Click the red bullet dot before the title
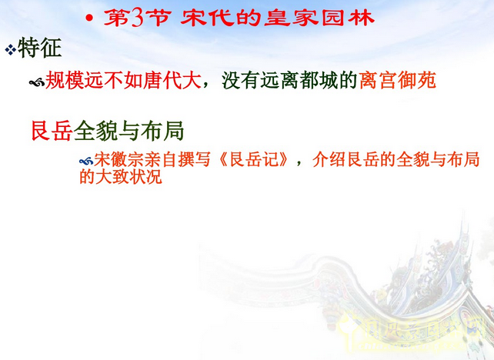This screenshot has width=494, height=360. (91, 18)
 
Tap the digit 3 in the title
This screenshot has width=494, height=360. (137, 18)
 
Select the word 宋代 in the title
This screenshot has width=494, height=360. (204, 18)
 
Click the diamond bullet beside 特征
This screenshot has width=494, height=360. (10, 50)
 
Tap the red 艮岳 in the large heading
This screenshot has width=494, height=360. (49, 130)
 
